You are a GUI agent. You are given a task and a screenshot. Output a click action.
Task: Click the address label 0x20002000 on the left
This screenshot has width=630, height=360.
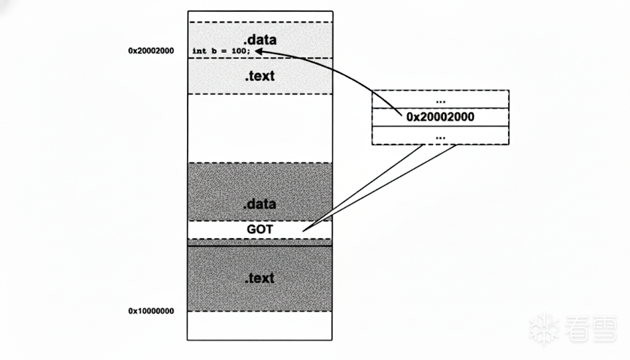coord(151,51)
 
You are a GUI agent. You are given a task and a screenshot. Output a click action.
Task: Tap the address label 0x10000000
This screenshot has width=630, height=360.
coord(151,311)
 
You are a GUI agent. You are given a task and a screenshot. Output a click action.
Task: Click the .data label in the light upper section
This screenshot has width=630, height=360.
coord(260,40)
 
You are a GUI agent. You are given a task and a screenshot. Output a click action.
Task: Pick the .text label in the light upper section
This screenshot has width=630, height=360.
coord(260,77)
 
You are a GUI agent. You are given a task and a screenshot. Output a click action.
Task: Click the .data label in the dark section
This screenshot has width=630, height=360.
coord(260,204)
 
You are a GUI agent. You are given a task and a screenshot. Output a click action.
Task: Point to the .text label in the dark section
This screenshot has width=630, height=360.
coord(260,278)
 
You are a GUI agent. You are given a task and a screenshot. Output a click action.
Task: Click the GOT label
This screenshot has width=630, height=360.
coord(260,230)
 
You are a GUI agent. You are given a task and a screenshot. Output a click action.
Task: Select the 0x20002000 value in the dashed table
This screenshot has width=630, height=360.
coord(441,116)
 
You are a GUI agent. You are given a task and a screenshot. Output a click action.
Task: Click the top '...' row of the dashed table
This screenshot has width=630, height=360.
coord(441,100)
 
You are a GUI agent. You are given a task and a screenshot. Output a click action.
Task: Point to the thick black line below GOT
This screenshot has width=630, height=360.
coord(260,246)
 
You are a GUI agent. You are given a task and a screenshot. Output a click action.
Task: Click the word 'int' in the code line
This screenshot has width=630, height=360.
coord(199,51)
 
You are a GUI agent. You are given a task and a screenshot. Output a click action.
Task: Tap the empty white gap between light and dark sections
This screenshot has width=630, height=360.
coord(260,128)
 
